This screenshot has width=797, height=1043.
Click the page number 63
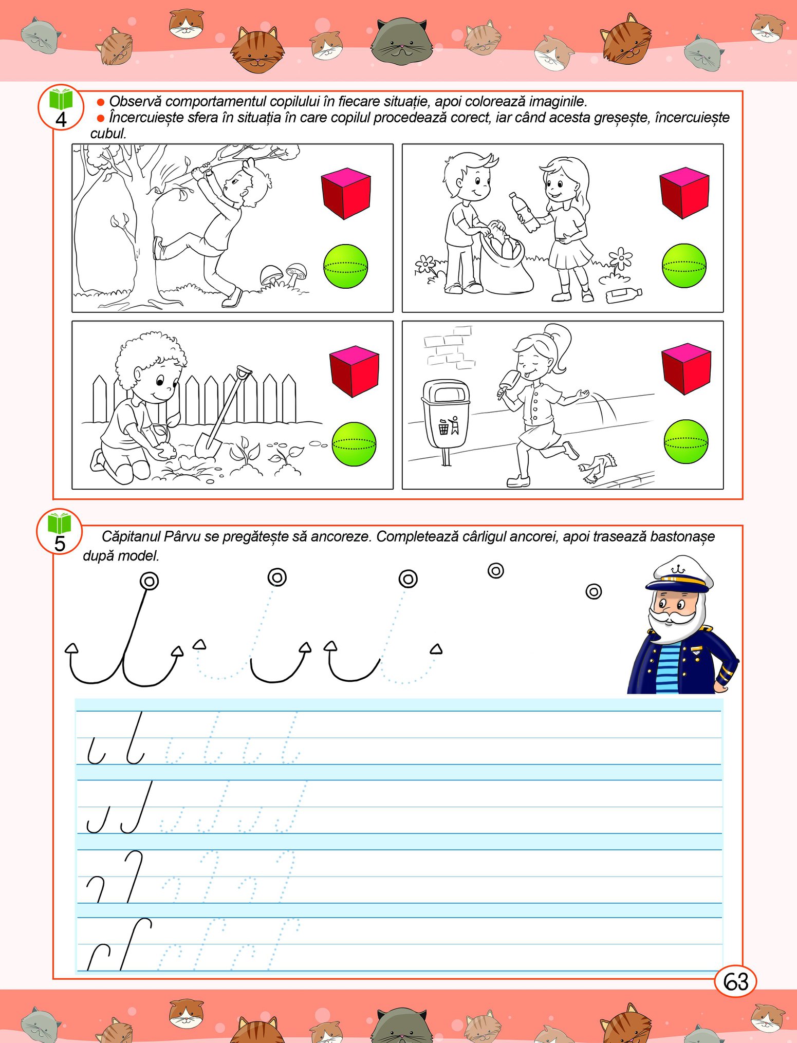735,982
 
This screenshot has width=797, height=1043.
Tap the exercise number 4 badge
61,107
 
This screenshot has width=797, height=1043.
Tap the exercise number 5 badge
60,532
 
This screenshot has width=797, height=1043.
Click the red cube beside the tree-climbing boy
346,193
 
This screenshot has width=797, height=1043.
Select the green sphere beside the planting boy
354,444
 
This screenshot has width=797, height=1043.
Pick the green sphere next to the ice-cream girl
686,441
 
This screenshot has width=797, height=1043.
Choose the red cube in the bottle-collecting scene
684,193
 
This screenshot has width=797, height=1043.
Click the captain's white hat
679,572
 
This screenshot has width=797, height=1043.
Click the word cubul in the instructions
108,134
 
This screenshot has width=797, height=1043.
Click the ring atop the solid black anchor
149,581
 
